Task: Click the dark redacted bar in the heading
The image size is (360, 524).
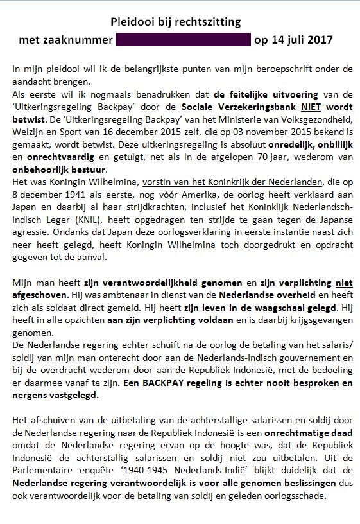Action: [x=183, y=39]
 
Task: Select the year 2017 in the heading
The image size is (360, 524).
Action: [x=318, y=39]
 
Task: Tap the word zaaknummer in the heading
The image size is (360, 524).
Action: [x=80, y=39]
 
